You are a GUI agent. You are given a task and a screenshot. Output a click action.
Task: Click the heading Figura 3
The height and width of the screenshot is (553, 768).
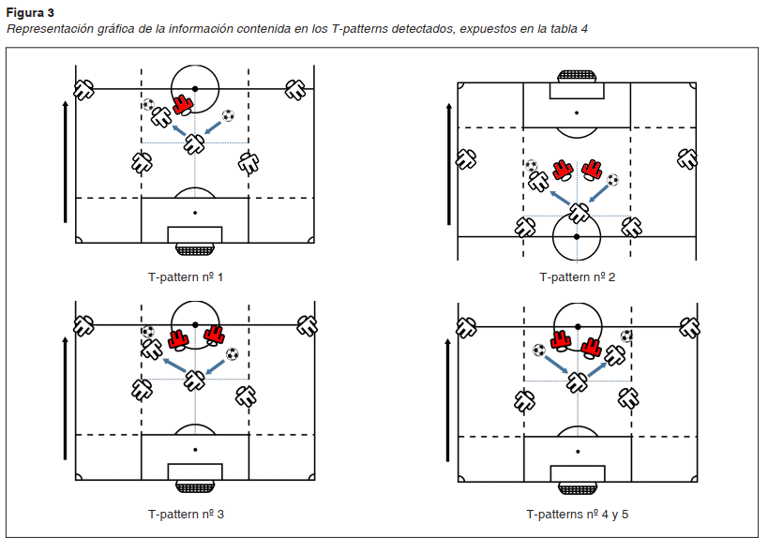click(x=30, y=12)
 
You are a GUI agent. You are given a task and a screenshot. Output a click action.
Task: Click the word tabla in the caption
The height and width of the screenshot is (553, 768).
click(x=558, y=29)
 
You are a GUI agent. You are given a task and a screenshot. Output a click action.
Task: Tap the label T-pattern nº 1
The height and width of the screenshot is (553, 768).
click(x=185, y=277)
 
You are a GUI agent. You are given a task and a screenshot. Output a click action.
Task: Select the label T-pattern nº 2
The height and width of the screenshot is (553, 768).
click(x=577, y=277)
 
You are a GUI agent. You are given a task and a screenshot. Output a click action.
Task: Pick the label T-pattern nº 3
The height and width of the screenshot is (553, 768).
click(x=185, y=515)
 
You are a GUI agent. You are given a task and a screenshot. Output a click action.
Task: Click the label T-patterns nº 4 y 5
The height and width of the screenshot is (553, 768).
click(x=577, y=515)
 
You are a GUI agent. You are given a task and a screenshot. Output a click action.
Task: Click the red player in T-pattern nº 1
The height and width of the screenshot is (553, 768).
click(x=183, y=104)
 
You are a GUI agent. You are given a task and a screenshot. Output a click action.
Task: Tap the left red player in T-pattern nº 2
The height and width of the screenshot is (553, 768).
click(x=562, y=171)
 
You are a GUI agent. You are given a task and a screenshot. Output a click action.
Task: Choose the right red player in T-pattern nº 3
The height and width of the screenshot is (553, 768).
click(x=215, y=335)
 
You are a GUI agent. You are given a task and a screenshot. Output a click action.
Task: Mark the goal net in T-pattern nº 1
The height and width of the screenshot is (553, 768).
click(x=195, y=249)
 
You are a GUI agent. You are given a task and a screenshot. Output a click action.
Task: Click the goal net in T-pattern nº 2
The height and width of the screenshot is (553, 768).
click(x=577, y=75)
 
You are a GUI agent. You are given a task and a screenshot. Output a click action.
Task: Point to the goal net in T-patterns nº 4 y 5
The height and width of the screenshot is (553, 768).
click(x=577, y=488)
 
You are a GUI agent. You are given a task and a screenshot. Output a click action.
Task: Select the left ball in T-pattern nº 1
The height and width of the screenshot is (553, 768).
click(x=149, y=104)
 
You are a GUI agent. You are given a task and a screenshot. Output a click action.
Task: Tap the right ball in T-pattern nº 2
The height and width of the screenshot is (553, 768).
click(x=613, y=179)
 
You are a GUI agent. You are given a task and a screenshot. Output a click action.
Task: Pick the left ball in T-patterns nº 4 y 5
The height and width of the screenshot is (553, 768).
click(x=539, y=350)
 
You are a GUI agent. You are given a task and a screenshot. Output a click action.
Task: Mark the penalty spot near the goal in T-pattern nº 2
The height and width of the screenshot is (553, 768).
click(x=577, y=112)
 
